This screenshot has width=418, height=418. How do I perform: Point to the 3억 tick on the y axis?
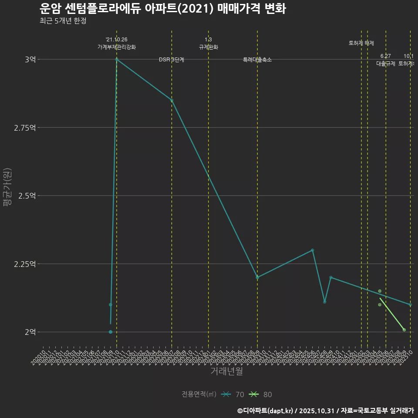(x=30, y=59)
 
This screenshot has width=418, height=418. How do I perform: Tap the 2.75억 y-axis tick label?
(x=26, y=128)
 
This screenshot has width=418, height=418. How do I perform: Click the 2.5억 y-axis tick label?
(x=27, y=196)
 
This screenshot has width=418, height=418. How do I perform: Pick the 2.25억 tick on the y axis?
(x=26, y=264)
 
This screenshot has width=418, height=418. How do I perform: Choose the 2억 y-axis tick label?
(x=30, y=332)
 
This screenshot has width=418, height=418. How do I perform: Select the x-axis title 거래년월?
(x=226, y=371)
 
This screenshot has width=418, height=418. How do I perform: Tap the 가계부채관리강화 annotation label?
(x=117, y=47)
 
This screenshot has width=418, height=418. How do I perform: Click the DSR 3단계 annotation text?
(x=172, y=60)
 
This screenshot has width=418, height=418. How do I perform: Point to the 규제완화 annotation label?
(x=208, y=47)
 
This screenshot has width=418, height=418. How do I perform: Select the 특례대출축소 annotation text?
(x=257, y=60)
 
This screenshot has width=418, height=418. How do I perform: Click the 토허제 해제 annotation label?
(x=361, y=43)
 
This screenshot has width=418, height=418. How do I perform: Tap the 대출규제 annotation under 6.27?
(x=385, y=64)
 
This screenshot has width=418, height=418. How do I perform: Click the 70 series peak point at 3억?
(x=117, y=59)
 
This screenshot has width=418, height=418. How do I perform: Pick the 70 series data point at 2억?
(x=111, y=332)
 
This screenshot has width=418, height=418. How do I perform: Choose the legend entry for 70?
(x=233, y=394)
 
